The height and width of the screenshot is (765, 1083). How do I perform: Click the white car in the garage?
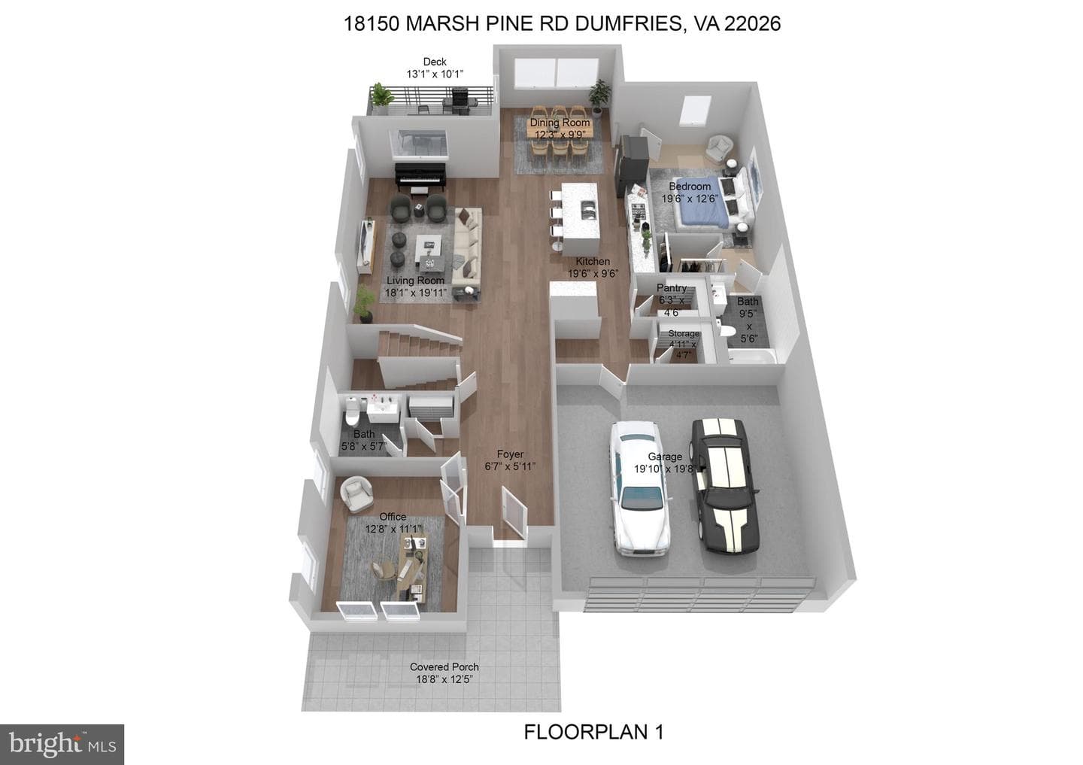point(639,488)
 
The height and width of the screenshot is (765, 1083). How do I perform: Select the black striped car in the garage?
point(724,485)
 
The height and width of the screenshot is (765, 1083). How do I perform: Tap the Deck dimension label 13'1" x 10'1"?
point(435,74)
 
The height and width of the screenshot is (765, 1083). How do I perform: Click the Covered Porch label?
point(444,666)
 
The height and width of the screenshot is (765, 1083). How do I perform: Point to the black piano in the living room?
point(420,177)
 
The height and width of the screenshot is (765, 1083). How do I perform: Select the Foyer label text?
point(510,454)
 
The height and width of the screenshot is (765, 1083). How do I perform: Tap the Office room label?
point(393,517)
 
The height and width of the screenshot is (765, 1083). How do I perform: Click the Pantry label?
point(671,287)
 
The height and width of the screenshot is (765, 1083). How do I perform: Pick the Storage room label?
point(684,334)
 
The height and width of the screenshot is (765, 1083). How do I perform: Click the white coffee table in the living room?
point(429,246)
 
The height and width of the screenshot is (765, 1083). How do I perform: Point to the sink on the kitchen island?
point(588,210)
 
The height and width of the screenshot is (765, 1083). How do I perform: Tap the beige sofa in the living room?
point(467,250)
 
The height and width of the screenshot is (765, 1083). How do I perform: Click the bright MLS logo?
point(62,744)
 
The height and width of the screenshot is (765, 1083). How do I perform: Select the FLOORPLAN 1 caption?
point(593,732)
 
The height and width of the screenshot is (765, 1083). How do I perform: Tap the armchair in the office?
point(356,493)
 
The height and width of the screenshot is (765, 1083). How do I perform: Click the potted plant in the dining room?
point(599,98)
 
